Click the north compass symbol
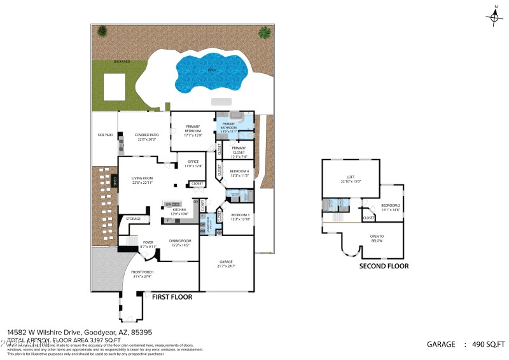495,17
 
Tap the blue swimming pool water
210,71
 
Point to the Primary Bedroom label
193,128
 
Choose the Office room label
193,164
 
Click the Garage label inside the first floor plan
227,263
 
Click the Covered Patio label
146,137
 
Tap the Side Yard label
105,135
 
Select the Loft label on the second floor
350,179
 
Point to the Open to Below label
377,239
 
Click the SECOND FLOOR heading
384,266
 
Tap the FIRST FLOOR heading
172,296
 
